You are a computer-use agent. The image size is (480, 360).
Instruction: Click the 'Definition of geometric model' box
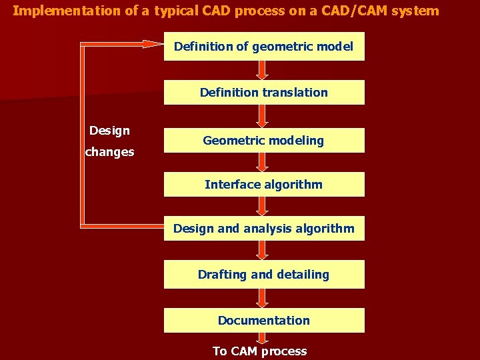coord(264,47)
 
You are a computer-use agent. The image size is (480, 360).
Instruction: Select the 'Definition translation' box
coord(264,93)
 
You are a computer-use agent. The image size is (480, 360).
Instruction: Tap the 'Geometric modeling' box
coord(264,141)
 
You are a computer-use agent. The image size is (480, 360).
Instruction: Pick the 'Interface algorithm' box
coord(264,185)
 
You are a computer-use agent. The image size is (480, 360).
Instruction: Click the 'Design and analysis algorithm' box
coord(264,229)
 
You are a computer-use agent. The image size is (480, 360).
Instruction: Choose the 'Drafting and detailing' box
coord(264,274)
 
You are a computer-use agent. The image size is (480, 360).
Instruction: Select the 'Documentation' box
coord(264,320)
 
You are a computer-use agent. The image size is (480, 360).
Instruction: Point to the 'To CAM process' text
coord(260,351)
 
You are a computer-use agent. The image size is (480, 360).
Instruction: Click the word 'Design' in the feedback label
coord(109,131)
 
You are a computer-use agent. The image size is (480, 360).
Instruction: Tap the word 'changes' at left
coord(109,152)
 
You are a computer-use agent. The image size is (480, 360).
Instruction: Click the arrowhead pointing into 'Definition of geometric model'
coord(153,45)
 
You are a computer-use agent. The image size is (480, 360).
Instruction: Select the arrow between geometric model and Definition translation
coord(263,70)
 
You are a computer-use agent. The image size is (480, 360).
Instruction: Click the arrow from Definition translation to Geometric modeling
coord(263,116)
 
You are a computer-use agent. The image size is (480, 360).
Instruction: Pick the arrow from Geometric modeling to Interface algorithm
coord(263,162)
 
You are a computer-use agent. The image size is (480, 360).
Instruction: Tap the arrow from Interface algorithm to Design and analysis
coord(263,206)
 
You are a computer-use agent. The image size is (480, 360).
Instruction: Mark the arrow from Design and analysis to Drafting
coord(263,250)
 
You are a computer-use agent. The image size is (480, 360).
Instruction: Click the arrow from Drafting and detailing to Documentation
coord(263,297)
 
